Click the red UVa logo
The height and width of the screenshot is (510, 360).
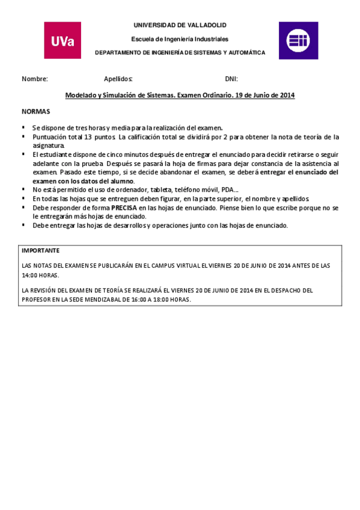point(63,40)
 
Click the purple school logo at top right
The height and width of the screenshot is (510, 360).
point(298,40)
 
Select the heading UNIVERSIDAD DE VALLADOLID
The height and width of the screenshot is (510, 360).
point(180,25)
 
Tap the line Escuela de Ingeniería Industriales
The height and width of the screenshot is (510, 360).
point(180,39)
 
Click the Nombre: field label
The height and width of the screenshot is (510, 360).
point(35,79)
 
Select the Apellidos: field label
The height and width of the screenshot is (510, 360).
point(118,79)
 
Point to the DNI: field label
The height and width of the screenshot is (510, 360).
point(231,79)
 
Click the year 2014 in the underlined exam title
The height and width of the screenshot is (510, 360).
point(287,95)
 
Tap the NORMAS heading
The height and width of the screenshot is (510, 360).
point(36,112)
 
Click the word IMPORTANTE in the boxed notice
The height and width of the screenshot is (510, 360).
point(41,250)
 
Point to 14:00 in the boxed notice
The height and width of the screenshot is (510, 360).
point(30,275)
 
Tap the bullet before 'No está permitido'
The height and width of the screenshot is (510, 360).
point(23,189)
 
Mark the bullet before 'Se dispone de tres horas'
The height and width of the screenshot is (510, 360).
point(23,127)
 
